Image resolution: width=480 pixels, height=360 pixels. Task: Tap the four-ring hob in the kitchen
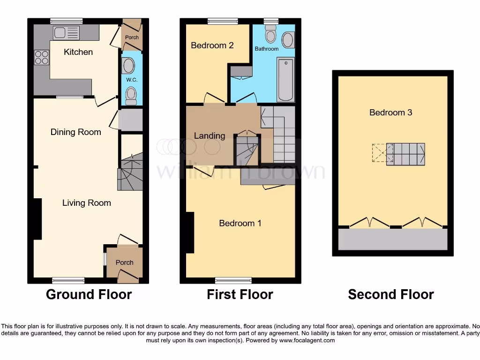tap(41, 57)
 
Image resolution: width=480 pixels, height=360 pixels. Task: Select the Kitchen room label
tap(78, 52)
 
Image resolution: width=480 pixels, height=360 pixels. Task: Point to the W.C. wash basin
tap(127, 66)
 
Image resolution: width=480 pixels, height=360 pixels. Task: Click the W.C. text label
tap(131, 80)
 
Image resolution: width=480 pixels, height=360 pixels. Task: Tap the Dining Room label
tap(76, 132)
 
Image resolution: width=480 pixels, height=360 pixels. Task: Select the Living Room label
tap(87, 203)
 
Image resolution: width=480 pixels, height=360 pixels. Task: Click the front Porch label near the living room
tap(125, 262)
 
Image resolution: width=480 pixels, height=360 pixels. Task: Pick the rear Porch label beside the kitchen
tap(132, 37)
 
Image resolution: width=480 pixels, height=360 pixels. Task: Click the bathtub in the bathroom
tap(285, 79)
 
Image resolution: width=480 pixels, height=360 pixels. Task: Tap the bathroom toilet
tap(270, 34)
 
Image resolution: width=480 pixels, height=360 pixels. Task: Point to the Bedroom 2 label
tap(212, 45)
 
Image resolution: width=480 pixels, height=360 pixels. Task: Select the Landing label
tap(210, 136)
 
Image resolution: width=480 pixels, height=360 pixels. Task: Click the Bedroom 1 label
tap(240, 223)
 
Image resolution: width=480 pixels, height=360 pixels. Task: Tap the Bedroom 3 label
tap(391, 112)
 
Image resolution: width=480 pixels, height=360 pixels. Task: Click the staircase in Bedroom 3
tap(405, 153)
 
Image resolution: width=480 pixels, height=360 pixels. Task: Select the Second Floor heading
tap(391, 294)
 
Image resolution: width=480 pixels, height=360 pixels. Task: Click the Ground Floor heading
tap(89, 294)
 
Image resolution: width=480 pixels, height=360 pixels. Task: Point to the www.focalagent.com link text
tap(307, 340)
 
